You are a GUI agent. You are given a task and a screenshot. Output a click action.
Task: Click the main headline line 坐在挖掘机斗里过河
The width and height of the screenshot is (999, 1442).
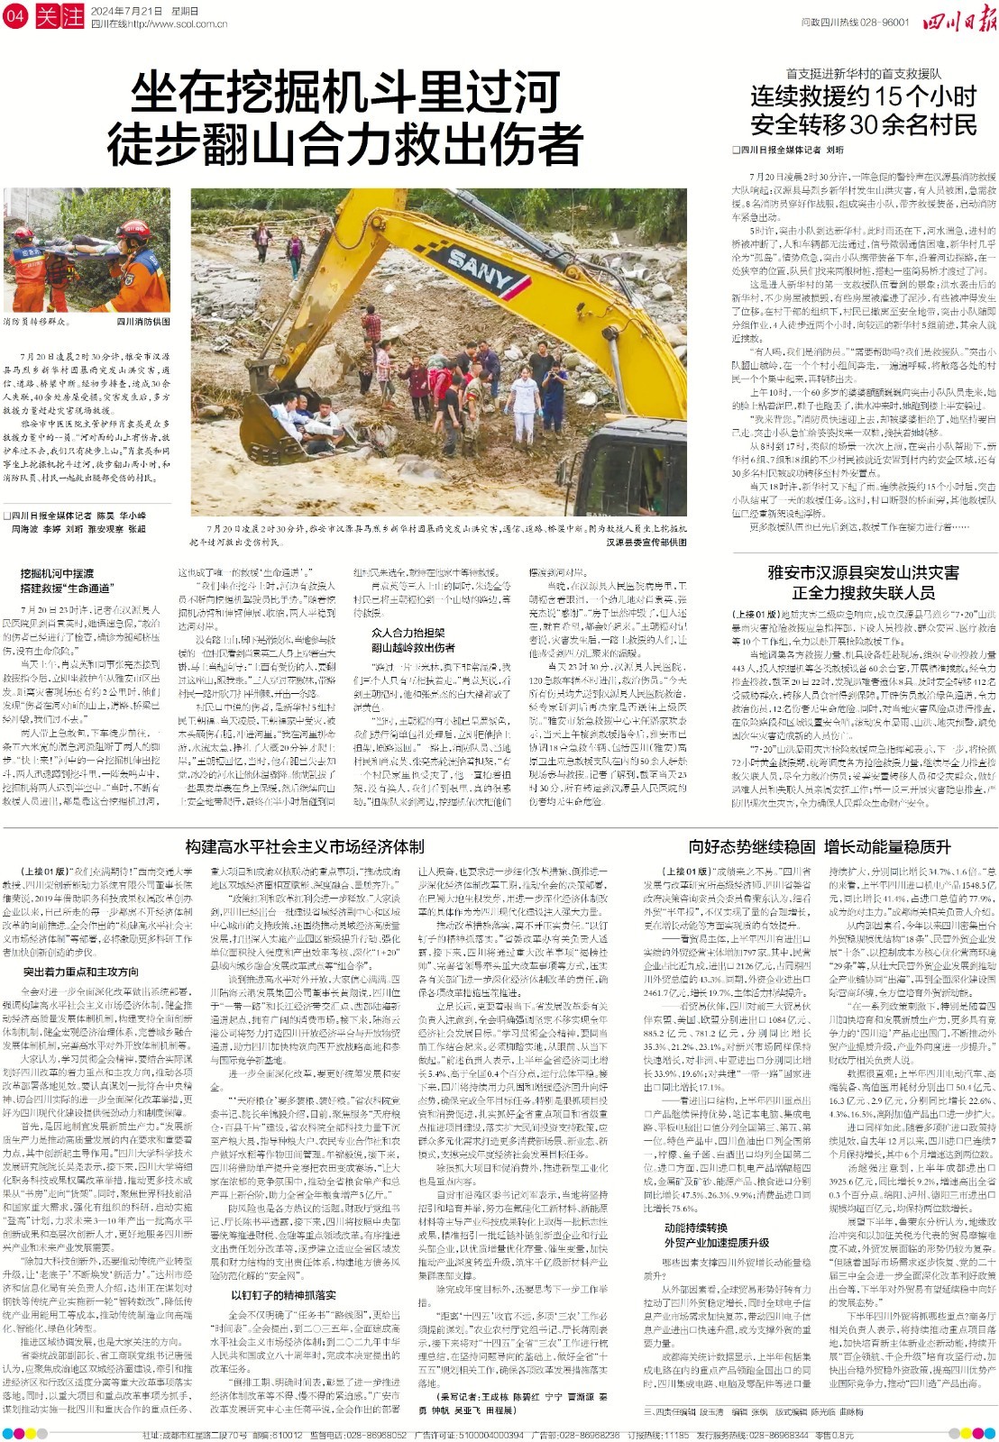[x=345, y=94]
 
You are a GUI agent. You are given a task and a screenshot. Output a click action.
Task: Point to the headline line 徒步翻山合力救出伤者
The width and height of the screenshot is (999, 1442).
[x=345, y=142]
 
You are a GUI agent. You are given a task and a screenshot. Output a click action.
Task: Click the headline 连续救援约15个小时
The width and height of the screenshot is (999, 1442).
[x=863, y=96]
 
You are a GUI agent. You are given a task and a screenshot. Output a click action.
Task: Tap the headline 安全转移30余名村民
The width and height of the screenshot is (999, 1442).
[x=863, y=123]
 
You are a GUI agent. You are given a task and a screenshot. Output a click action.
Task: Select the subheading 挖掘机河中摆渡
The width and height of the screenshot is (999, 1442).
[x=57, y=573]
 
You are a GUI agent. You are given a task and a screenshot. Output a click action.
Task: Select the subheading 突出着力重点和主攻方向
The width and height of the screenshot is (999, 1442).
[x=81, y=972]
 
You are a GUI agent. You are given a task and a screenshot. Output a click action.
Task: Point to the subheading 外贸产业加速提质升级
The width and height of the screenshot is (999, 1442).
[x=717, y=1242]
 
